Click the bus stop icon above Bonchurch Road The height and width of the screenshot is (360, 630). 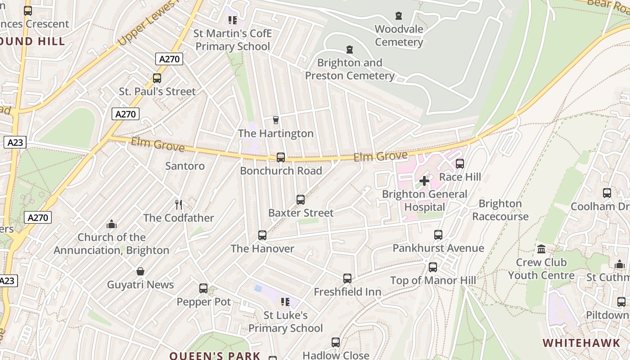[281, 157]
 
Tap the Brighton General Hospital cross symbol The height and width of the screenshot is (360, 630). [424, 181]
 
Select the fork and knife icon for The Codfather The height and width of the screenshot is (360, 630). [179, 205]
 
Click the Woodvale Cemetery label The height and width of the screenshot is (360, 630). [399, 36]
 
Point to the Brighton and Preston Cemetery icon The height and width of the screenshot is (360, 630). [349, 49]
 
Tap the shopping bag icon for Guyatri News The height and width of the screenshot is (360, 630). [140, 271]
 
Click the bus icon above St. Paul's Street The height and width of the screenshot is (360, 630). [157, 78]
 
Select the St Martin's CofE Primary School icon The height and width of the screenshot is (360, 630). [232, 20]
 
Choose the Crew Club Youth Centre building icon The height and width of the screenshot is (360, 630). [541, 249]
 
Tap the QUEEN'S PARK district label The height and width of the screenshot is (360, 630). [215, 355]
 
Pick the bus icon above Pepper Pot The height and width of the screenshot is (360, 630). [203, 288]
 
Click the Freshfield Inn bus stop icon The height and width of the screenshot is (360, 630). [347, 279]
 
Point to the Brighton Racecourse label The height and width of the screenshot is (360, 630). [500, 210]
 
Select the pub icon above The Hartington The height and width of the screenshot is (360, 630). [276, 120]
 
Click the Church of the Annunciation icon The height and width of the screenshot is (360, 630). [111, 224]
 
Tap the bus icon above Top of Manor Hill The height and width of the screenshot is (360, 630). [433, 267]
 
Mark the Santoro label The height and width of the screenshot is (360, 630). [185, 166]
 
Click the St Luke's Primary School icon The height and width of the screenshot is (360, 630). [285, 301]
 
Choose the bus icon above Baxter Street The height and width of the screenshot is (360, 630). [301, 199]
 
